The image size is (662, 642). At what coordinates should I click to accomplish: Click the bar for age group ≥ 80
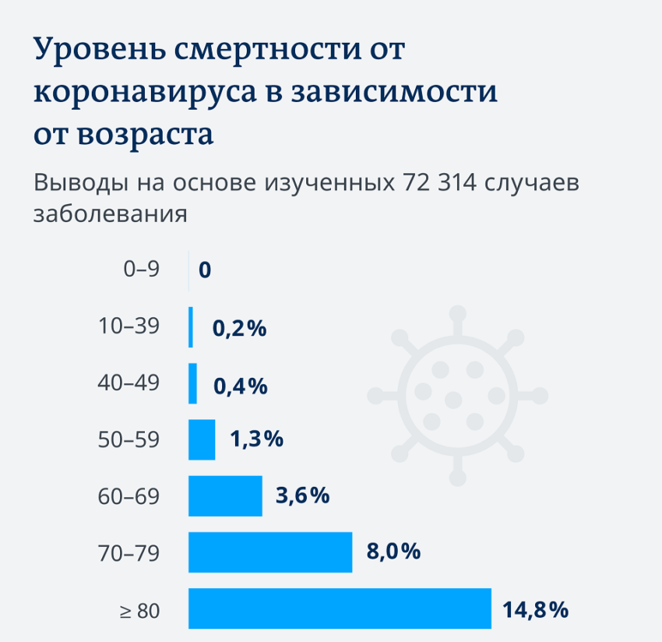click(x=340, y=608)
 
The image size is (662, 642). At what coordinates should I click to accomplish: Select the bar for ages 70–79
click(x=270, y=552)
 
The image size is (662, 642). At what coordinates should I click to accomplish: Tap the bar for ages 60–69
click(x=225, y=496)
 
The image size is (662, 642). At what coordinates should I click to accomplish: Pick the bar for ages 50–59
click(x=202, y=439)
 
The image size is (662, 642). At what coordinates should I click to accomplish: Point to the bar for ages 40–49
click(x=192, y=383)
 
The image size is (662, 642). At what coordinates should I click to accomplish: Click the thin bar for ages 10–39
click(x=191, y=327)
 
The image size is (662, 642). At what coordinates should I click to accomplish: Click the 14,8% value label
click(x=536, y=608)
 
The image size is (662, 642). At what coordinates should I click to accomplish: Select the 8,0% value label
click(x=393, y=552)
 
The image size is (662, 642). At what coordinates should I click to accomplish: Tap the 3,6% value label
click(x=303, y=496)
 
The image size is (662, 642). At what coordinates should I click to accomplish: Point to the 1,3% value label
click(x=256, y=439)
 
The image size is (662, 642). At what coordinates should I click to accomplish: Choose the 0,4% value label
click(x=240, y=384)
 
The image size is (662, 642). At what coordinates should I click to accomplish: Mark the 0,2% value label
click(x=239, y=328)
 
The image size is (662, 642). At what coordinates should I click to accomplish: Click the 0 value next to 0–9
click(x=205, y=271)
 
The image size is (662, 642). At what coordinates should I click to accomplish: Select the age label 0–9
click(x=141, y=270)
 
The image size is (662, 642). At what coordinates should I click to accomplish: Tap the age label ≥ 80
click(x=139, y=610)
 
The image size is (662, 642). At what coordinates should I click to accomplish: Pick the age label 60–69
click(x=131, y=496)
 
